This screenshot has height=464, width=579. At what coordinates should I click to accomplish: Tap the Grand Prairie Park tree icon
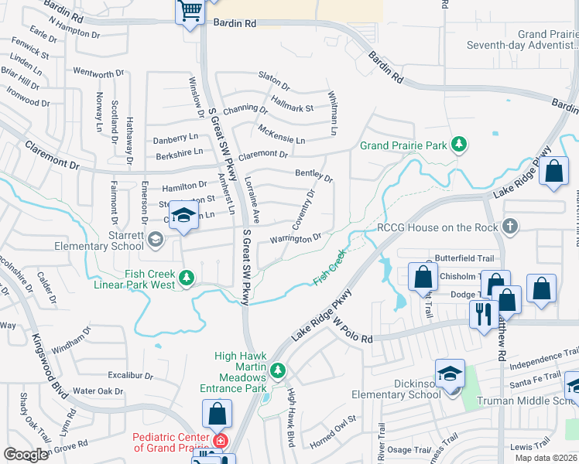click(x=460, y=144)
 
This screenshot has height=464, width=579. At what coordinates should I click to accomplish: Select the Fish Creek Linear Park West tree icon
click(x=186, y=276)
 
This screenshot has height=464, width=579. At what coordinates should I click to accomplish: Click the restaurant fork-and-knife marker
click(x=481, y=315)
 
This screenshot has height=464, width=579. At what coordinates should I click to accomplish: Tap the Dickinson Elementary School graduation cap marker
click(x=450, y=374)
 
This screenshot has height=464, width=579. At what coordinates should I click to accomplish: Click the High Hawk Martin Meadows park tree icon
click(x=277, y=370)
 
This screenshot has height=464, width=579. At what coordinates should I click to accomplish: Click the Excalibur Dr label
click(x=130, y=375)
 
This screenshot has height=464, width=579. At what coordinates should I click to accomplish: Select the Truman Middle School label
click(x=526, y=401)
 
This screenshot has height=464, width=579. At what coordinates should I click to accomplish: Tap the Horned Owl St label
click(x=332, y=431)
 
